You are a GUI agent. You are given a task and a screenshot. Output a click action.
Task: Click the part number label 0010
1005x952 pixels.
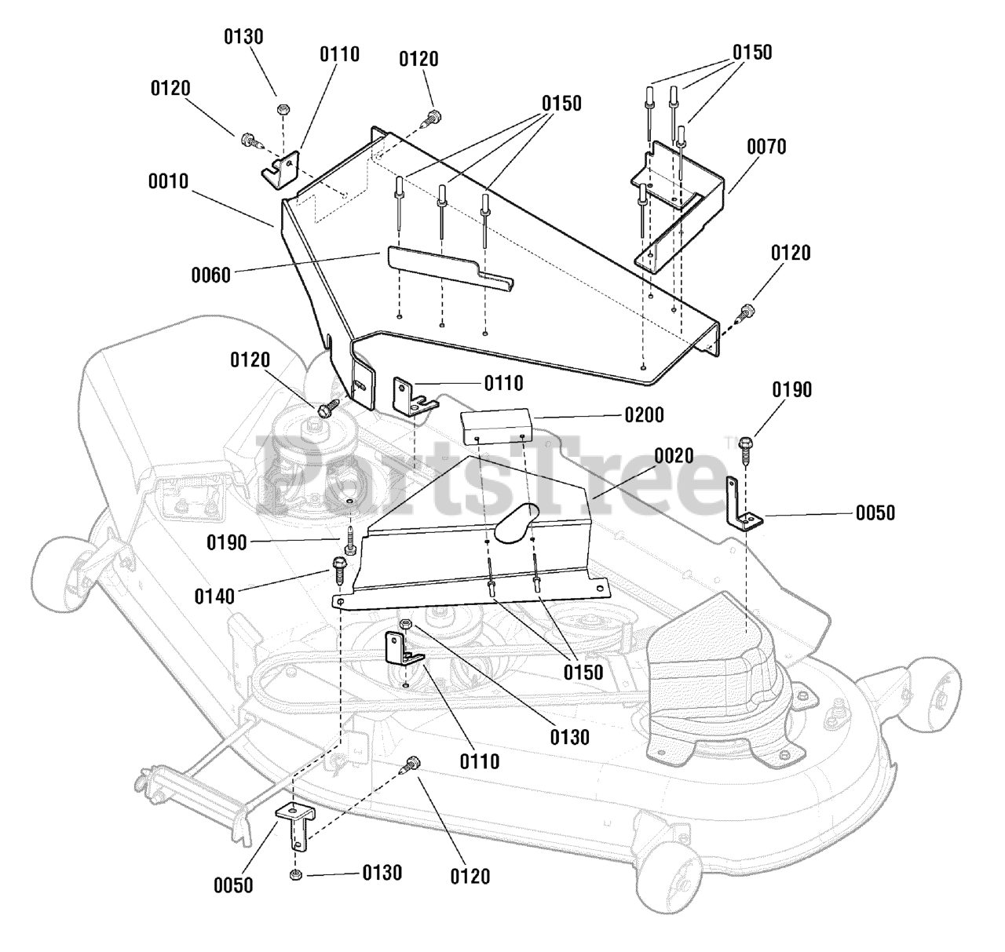pyautogui.click(x=168, y=181)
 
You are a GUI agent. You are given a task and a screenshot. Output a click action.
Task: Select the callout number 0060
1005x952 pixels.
pyautogui.click(x=210, y=275)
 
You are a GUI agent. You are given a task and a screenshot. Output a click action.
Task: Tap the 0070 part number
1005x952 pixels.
pyautogui.click(x=766, y=147)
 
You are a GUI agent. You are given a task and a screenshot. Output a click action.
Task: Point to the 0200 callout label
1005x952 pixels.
pyautogui.click(x=644, y=414)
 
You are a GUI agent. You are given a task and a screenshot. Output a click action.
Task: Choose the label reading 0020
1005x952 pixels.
pyautogui.click(x=674, y=455)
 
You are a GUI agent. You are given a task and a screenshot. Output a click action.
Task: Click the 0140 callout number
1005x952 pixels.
pyautogui.click(x=214, y=596)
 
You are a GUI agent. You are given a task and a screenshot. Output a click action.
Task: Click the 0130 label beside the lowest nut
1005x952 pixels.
pyautogui.click(x=382, y=873)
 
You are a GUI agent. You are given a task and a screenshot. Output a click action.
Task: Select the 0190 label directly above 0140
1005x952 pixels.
pyautogui.click(x=227, y=542)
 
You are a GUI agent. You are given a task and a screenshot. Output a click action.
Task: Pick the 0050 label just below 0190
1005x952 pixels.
pyautogui.click(x=875, y=513)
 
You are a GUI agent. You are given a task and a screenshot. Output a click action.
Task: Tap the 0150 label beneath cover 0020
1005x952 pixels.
pyautogui.click(x=583, y=672)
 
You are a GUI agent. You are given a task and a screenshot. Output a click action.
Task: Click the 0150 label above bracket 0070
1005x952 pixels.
pyautogui.click(x=752, y=53)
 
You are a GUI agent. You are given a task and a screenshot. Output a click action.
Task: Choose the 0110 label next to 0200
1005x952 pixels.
pyautogui.click(x=503, y=383)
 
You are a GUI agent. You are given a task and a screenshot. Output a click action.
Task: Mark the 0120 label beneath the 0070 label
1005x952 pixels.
pyautogui.click(x=791, y=254)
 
